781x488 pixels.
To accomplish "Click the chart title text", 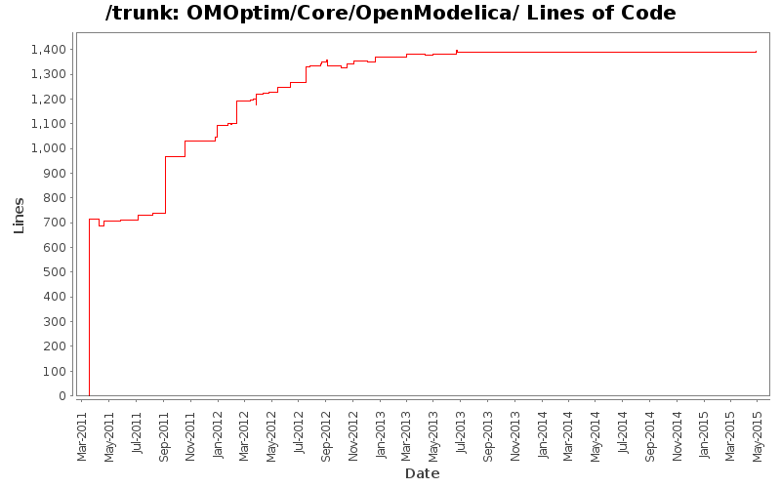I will point(390,14).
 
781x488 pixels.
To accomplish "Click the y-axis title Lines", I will point(19,215).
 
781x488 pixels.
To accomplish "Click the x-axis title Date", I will point(422,473).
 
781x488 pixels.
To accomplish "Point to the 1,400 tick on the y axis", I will point(48,50).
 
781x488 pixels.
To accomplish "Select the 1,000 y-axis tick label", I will point(48,148).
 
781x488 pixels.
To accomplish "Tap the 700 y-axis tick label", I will point(55,223).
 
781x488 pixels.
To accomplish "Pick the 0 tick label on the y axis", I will point(62,396).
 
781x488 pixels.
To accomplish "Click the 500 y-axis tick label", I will point(55,272).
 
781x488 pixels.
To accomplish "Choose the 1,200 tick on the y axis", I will point(48,100).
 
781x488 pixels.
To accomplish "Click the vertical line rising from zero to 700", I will point(89,307).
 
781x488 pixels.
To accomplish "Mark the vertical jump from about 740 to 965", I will point(165,184).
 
